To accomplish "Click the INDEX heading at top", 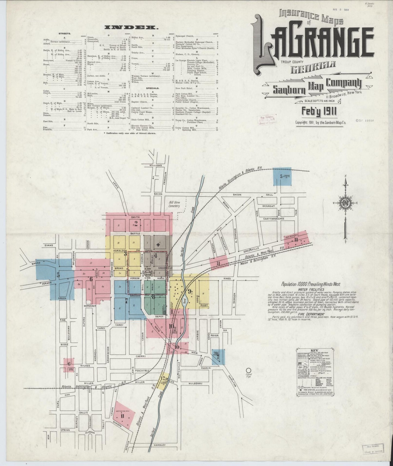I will coord(130,27).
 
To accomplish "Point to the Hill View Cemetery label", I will coord(174,204).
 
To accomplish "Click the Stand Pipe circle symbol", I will coord(248,370).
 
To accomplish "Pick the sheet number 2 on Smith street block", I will coord(136,224).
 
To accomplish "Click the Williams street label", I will coord(156,165).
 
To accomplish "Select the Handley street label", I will coord(159,445).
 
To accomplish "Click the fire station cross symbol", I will coord(158,245).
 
